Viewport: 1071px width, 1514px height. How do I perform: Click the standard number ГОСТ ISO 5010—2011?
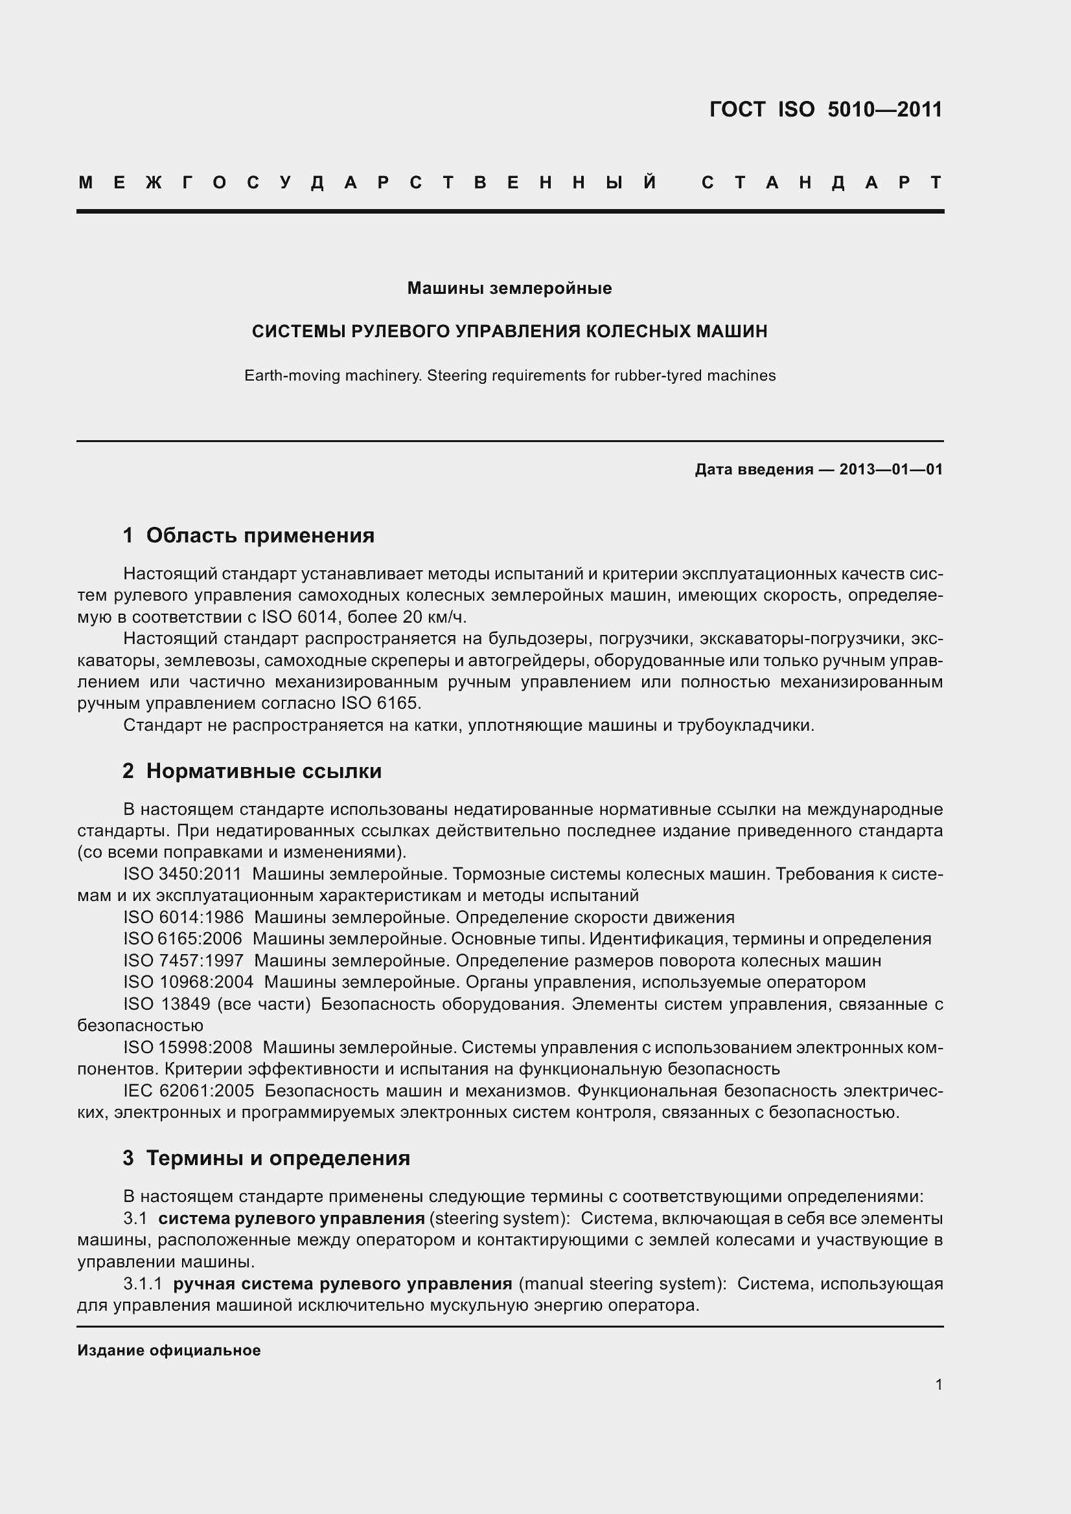(x=825, y=109)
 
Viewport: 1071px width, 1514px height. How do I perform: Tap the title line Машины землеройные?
(x=509, y=288)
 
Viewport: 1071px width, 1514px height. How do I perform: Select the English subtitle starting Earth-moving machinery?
(x=509, y=376)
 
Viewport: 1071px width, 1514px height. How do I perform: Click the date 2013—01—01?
(x=891, y=469)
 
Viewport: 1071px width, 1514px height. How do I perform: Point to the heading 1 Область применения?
(x=249, y=535)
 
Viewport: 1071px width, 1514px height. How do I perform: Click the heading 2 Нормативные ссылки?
(x=252, y=771)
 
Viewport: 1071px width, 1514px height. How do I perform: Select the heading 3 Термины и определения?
(x=266, y=1158)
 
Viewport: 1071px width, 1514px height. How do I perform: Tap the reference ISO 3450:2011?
(x=182, y=874)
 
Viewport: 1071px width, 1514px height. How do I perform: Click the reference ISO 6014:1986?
(x=183, y=918)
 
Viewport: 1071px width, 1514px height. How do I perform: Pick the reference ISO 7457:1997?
(x=183, y=961)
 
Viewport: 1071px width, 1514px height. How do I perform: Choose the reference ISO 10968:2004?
(x=188, y=983)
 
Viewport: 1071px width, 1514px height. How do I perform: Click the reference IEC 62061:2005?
(x=188, y=1091)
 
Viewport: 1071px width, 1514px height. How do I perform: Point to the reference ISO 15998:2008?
(x=187, y=1048)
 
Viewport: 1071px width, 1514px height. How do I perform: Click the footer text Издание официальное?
(x=169, y=1350)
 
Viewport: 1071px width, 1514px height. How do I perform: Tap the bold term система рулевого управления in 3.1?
(x=291, y=1219)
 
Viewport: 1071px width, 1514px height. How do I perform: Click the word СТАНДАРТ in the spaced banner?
(x=822, y=183)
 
